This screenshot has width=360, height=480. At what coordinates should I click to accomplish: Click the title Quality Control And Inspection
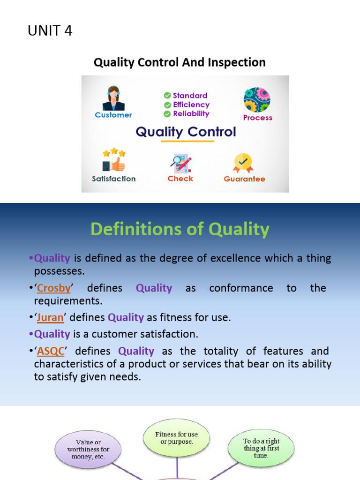click(180, 62)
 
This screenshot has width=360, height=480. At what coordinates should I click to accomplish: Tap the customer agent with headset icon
click(113, 98)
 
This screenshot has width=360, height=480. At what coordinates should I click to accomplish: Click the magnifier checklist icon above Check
click(180, 164)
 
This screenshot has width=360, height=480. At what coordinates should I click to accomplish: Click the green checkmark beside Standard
click(167, 96)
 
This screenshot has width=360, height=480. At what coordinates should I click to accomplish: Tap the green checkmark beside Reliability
click(167, 114)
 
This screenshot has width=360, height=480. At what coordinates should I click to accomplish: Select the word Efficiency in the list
click(191, 105)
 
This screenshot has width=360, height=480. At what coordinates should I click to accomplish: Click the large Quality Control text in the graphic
click(186, 132)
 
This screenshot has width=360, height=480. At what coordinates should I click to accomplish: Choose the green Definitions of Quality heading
click(180, 229)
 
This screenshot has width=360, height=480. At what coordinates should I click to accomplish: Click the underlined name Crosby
click(53, 288)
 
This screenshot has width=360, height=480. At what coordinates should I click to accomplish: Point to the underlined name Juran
click(50, 317)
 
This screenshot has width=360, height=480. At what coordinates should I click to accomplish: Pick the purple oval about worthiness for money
click(88, 449)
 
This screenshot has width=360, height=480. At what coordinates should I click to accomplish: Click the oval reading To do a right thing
click(261, 448)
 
